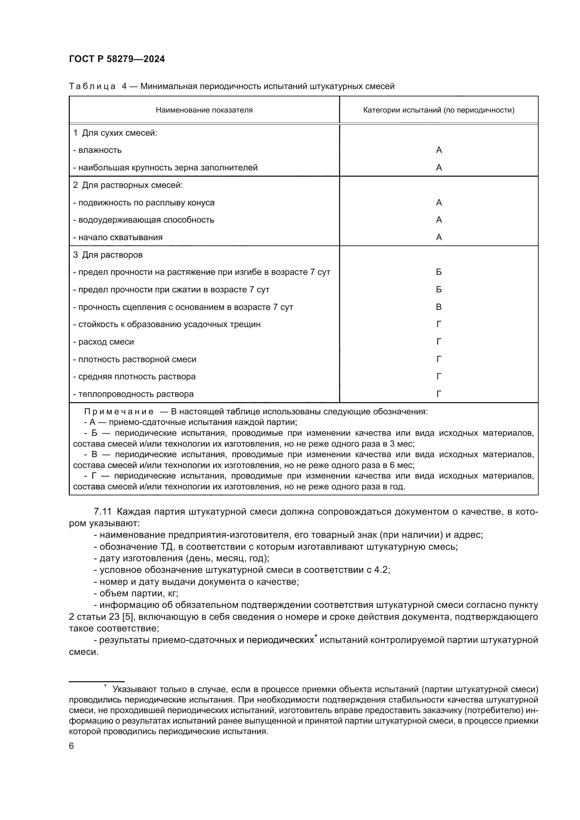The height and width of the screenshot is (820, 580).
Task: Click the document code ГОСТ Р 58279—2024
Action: click(117, 59)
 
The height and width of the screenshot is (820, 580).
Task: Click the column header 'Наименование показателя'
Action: click(204, 110)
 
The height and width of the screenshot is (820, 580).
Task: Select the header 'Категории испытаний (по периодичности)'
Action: click(439, 110)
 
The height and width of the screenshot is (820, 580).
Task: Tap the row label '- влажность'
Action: click(97, 150)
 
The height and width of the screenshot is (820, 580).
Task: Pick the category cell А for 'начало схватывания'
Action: click(439, 237)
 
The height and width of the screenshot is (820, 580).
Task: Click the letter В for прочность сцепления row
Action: click(439, 307)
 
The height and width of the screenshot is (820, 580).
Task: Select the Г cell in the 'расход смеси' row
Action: click(439, 342)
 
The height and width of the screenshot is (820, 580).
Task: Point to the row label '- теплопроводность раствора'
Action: click(133, 394)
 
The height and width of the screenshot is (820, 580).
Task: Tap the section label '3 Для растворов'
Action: click(108, 255)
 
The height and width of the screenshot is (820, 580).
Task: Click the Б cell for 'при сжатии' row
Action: click(439, 290)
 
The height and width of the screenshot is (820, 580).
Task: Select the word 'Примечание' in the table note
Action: click(119, 412)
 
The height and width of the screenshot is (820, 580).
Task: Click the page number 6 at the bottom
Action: click(72, 746)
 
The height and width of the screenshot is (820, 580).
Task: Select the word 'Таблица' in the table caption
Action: click(92, 87)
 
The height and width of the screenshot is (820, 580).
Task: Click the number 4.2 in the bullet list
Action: click(380, 570)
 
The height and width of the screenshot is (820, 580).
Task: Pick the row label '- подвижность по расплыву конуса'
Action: click(143, 203)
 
